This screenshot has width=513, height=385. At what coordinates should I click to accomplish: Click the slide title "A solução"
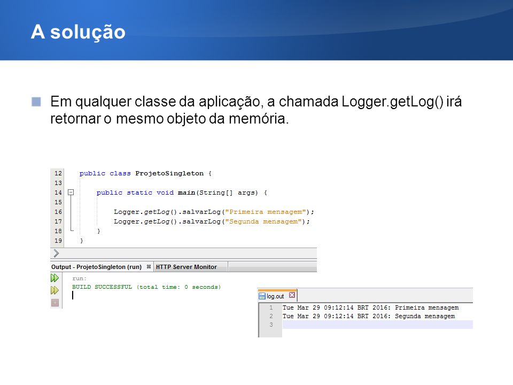point(78,32)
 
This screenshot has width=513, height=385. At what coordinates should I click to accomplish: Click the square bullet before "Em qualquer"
point(36,102)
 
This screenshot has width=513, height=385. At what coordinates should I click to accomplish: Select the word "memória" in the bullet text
point(259,119)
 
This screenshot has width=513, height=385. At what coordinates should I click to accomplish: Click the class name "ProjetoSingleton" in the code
point(169,173)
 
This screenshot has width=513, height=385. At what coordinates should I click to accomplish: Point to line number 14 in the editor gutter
point(58,192)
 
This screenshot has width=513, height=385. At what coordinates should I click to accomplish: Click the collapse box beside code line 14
point(71,192)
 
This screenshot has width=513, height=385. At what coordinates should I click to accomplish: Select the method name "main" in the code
point(186,193)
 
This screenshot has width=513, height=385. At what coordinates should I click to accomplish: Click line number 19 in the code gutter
point(58,241)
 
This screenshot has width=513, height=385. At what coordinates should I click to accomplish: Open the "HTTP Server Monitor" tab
point(186,267)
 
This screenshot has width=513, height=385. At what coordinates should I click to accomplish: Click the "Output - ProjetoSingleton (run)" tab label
point(96,267)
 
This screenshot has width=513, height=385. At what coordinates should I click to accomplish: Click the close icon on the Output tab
point(149,266)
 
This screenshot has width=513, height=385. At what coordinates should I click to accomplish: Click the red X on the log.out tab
point(292,295)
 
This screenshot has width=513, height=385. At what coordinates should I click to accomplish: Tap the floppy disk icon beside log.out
point(262,296)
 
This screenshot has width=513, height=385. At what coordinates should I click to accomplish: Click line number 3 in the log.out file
point(271,325)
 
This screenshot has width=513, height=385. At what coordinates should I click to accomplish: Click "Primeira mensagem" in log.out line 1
point(426,308)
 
